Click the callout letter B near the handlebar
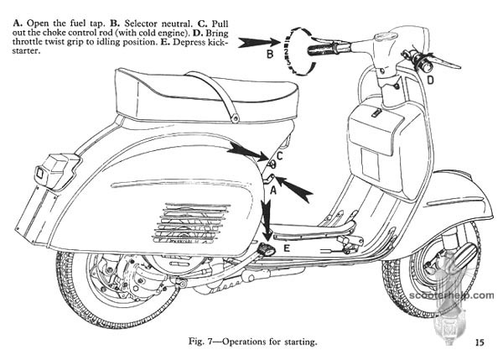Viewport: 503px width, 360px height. click(x=271, y=55)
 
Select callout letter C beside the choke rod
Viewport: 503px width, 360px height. click(x=280, y=155)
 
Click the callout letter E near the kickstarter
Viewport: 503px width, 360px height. click(x=287, y=248)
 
